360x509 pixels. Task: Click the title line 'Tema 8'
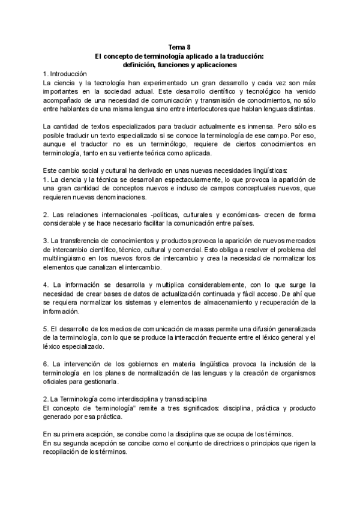coord(180,47)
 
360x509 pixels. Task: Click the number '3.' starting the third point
coord(46,241)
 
